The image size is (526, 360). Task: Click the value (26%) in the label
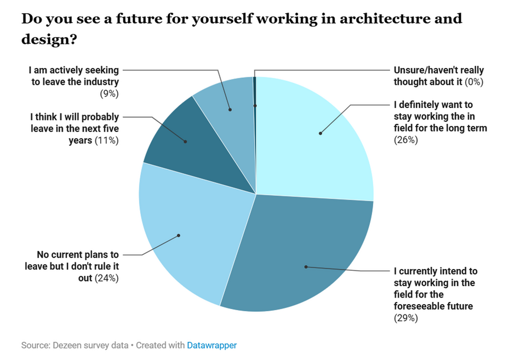click(x=406, y=140)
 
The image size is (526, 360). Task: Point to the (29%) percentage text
click(x=406, y=318)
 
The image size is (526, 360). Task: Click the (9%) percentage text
click(x=109, y=93)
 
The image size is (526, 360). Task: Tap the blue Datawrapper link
click(x=212, y=346)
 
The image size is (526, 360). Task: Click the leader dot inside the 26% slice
click(x=320, y=133)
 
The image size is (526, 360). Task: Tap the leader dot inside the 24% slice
click(x=179, y=236)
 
